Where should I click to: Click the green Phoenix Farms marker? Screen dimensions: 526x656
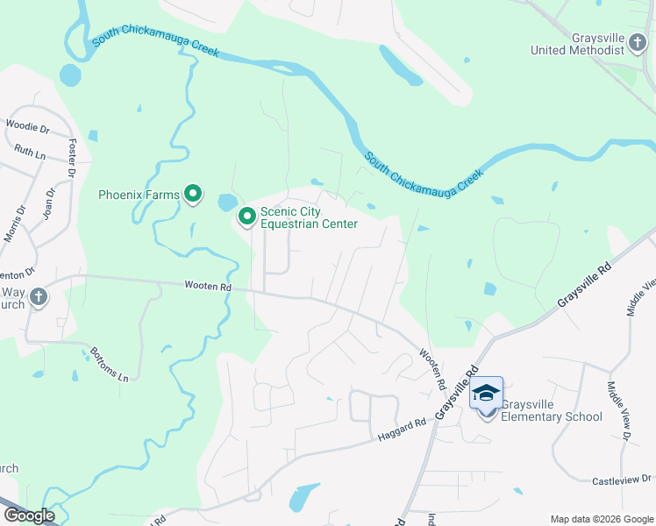tap(193, 195)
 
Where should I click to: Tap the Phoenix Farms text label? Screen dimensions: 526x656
tap(139, 195)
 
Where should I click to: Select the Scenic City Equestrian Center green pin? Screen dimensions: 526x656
tap(247, 215)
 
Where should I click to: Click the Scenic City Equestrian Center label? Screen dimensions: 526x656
tap(309, 218)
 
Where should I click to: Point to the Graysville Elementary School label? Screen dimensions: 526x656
tap(552, 411)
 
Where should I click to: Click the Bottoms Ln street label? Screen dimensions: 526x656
tap(110, 365)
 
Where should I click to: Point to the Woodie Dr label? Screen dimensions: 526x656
tap(28, 125)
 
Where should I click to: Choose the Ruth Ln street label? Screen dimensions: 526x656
tap(30, 152)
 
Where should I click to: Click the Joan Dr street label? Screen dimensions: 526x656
tap(49, 203)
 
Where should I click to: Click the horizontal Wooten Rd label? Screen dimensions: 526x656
tap(208, 286)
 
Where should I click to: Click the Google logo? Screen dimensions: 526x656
tap(29, 515)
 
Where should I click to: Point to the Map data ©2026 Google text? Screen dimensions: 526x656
tap(602, 519)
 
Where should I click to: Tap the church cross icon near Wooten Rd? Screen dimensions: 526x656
tap(38, 297)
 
